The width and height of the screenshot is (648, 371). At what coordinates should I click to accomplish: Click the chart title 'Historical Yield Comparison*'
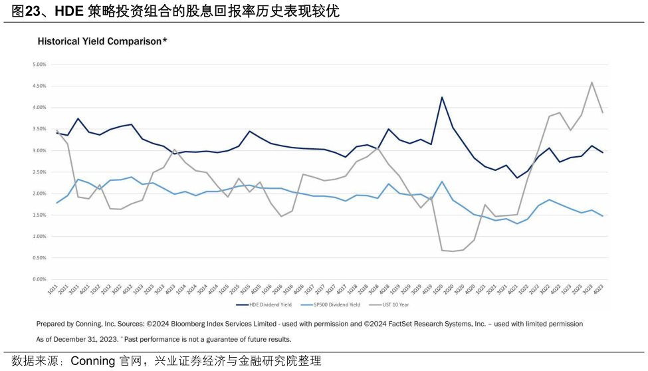(x=102, y=41)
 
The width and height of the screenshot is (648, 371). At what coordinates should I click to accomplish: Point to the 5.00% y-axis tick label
(x=39, y=64)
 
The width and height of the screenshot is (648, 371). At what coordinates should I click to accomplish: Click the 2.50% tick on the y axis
(x=39, y=172)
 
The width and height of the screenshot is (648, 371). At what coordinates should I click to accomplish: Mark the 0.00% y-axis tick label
(x=39, y=279)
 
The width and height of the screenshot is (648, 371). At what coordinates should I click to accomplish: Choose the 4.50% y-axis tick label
(x=39, y=86)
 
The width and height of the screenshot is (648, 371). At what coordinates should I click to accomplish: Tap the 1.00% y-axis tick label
(x=39, y=237)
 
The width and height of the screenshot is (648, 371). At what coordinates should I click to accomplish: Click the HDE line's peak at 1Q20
(x=441, y=97)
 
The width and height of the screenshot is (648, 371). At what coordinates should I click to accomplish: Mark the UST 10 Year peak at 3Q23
(x=592, y=82)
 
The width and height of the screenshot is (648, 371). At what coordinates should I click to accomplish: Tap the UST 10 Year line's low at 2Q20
(x=453, y=251)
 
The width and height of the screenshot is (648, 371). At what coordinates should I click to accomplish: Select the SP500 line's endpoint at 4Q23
(x=602, y=216)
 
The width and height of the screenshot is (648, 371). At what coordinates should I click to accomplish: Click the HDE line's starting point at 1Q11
(x=57, y=133)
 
